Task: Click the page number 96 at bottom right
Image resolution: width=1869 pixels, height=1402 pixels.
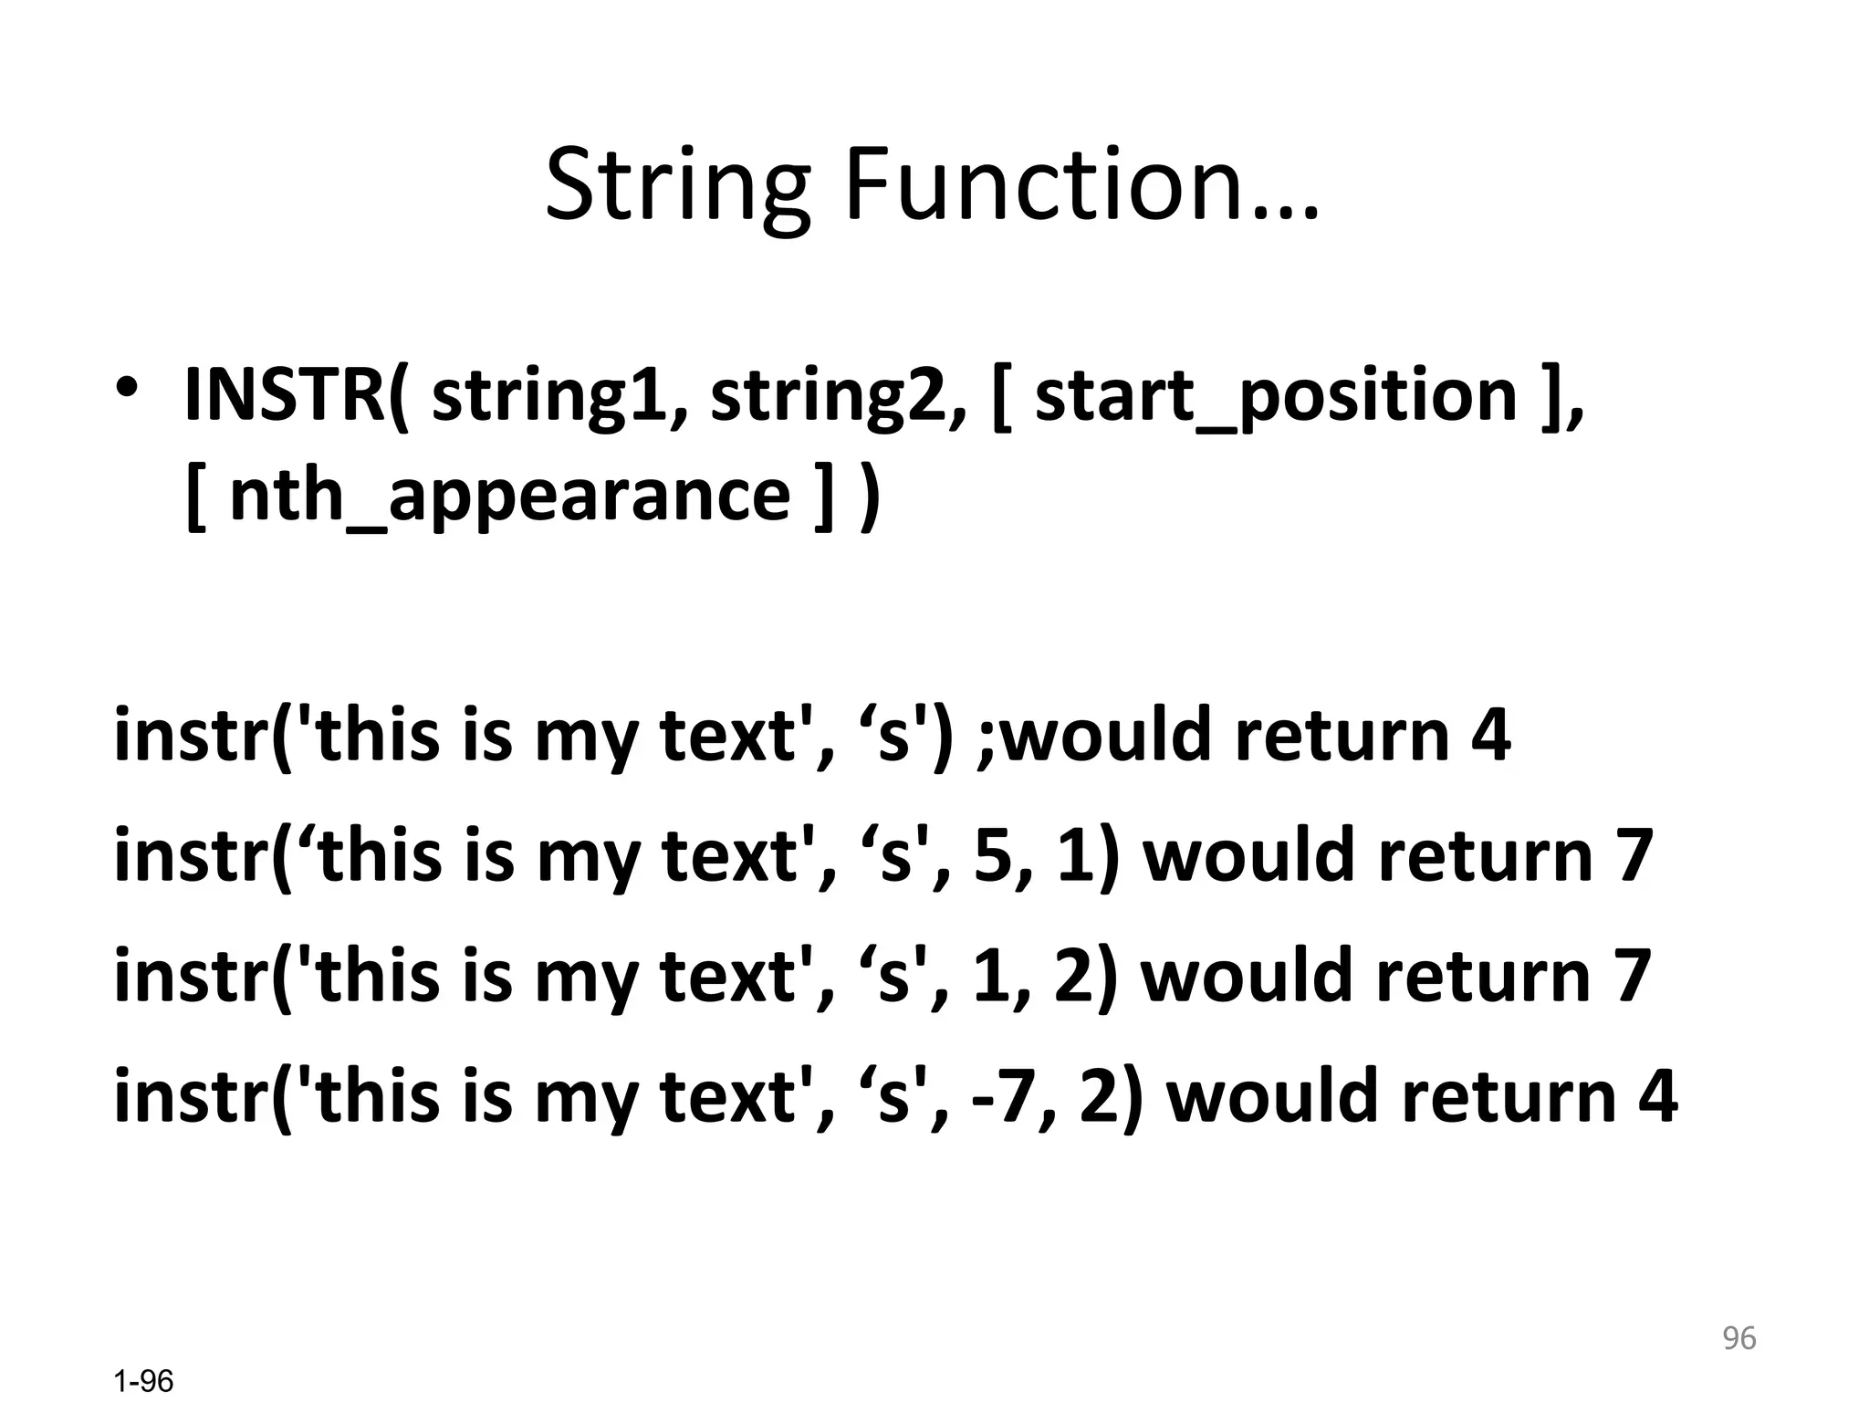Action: pos(1738,1338)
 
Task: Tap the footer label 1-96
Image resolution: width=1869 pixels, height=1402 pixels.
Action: pos(143,1381)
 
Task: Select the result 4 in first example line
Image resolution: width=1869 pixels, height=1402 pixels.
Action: pos(1491,735)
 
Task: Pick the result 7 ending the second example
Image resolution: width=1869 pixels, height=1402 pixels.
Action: pos(1634,855)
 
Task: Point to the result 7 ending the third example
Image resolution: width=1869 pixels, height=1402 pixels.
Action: pos(1632,976)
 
